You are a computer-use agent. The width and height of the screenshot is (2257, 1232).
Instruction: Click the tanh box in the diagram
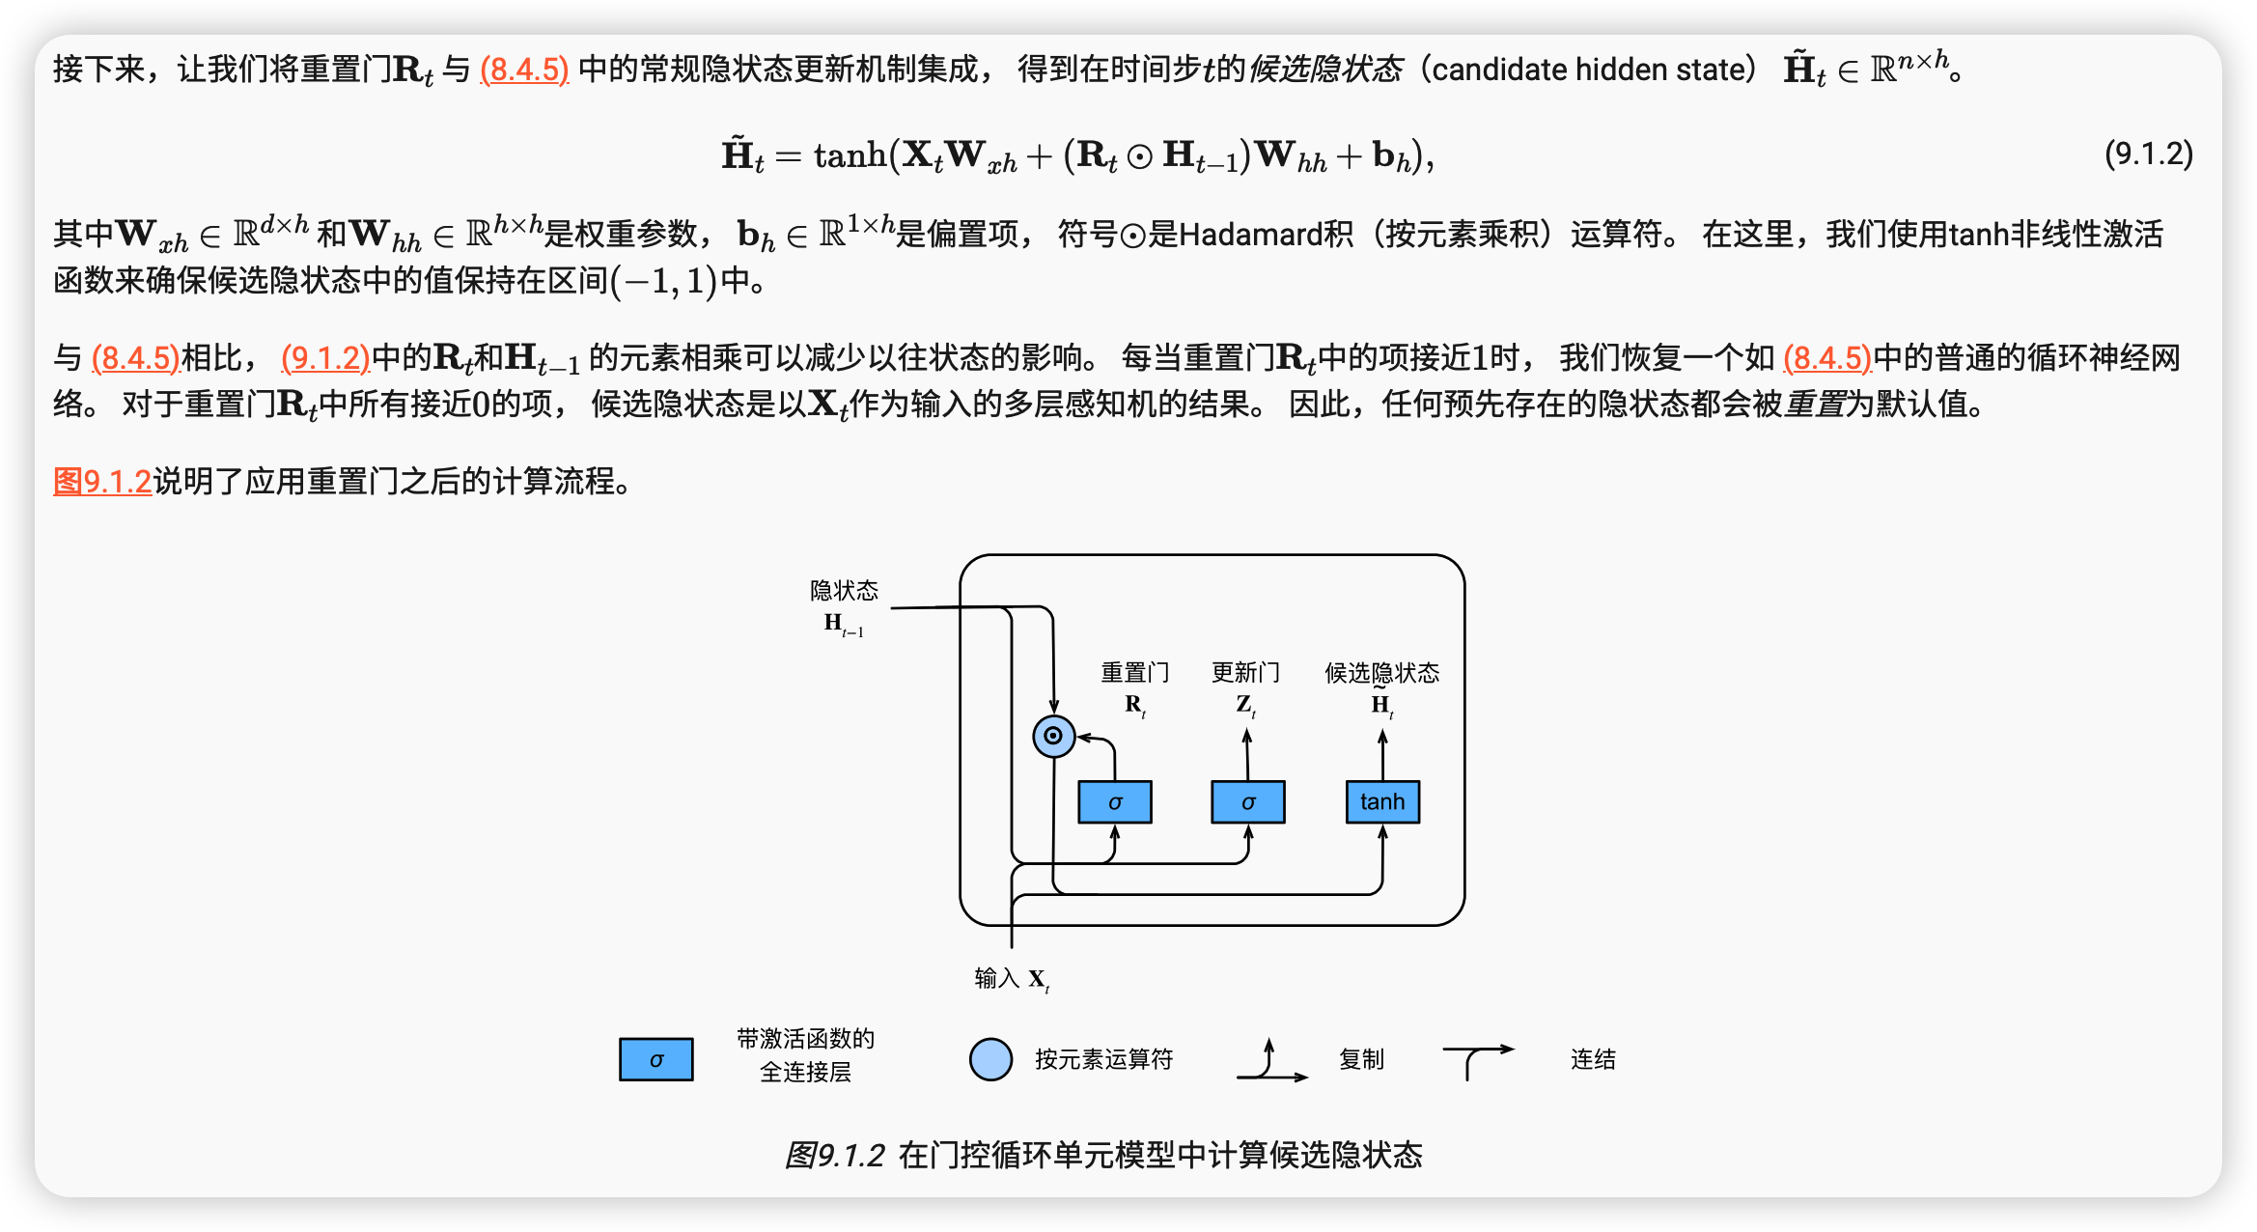click(x=1382, y=802)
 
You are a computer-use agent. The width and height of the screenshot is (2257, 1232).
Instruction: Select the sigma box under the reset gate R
click(x=1115, y=802)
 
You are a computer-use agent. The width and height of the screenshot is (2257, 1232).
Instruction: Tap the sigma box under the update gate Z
click(x=1248, y=802)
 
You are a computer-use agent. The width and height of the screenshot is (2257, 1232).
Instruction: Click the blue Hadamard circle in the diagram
click(x=1053, y=737)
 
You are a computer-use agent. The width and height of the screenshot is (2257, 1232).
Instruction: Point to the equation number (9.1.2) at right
click(x=2149, y=154)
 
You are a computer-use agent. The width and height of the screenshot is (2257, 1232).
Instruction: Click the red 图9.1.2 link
click(x=102, y=481)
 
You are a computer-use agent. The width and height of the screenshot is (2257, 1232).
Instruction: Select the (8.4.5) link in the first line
click(x=524, y=70)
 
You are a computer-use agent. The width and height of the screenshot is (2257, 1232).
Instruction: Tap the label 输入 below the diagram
click(x=997, y=978)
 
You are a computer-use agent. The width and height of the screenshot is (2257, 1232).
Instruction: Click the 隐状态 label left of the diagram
click(x=844, y=590)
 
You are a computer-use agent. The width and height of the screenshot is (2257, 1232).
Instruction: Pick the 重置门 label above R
click(x=1135, y=672)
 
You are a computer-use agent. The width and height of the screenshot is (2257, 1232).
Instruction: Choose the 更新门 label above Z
click(x=1246, y=672)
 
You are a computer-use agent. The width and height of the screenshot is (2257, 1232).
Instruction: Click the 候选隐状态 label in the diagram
click(x=1381, y=672)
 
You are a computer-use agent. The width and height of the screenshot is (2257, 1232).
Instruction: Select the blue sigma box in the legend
click(x=656, y=1059)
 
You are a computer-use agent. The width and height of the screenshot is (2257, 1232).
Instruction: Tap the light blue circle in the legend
click(x=990, y=1059)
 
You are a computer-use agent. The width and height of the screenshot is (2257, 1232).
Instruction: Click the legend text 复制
click(x=1361, y=1059)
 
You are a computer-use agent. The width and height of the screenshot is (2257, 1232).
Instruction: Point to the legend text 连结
click(x=1593, y=1059)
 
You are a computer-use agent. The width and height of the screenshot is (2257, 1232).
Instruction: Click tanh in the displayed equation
click(x=850, y=154)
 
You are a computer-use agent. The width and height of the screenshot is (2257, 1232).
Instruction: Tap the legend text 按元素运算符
click(x=1104, y=1059)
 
